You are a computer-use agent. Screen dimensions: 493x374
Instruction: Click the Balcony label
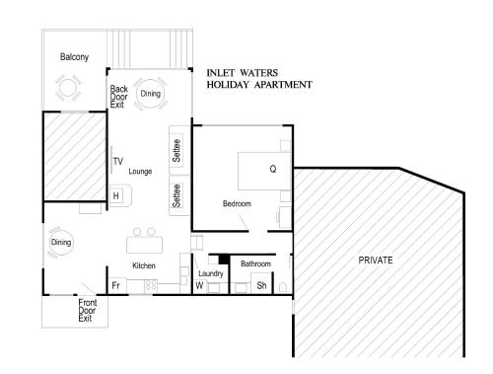(x=74, y=57)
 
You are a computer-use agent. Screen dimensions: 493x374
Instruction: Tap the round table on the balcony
(x=68, y=88)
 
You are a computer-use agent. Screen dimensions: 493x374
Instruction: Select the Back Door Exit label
(x=118, y=97)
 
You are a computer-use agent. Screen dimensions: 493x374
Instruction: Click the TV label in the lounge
(x=118, y=161)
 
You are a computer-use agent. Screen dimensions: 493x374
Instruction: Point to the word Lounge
(x=140, y=172)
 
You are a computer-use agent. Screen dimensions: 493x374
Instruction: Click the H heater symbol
(x=116, y=196)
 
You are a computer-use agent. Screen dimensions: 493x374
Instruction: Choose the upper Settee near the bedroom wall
(x=176, y=150)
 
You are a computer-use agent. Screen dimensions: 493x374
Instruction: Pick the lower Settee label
(x=176, y=195)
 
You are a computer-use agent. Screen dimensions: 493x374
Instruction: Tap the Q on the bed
(x=273, y=169)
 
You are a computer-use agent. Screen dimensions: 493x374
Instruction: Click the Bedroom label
(x=237, y=203)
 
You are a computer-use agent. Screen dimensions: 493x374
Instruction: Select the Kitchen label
(x=144, y=265)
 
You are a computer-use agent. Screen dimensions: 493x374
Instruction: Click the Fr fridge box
(x=117, y=285)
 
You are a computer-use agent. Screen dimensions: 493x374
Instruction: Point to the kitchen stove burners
(x=151, y=285)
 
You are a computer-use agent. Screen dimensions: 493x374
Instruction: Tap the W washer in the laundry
(x=199, y=285)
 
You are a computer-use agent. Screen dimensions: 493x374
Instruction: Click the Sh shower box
(x=261, y=285)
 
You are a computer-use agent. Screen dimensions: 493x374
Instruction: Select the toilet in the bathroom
(x=283, y=287)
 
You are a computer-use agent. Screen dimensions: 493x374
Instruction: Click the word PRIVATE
(x=376, y=261)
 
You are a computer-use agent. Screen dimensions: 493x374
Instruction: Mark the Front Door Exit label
(x=88, y=311)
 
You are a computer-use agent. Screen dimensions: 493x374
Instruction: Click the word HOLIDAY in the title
(x=228, y=85)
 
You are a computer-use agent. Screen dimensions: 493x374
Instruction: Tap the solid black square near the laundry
(x=224, y=259)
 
